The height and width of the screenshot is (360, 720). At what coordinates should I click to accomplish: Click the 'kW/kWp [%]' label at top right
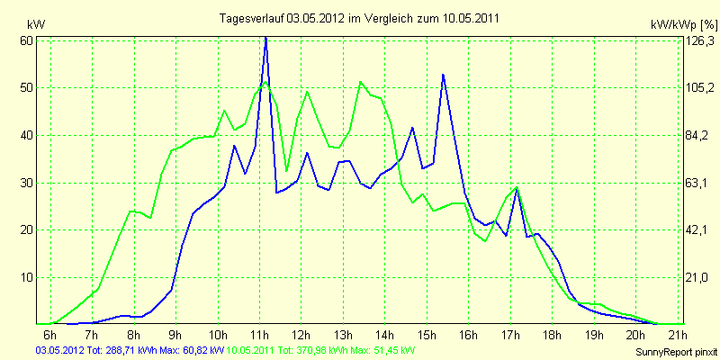point(682,23)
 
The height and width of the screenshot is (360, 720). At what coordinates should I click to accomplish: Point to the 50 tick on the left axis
point(27,88)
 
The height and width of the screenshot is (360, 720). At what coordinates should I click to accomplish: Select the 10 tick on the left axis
point(27,277)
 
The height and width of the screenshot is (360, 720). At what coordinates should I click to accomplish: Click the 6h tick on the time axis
point(50,336)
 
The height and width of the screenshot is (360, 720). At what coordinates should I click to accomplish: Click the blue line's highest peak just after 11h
point(265,38)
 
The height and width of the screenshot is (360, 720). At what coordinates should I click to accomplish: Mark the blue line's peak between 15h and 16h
point(443,75)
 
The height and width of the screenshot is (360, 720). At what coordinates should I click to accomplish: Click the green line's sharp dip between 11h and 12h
point(286,170)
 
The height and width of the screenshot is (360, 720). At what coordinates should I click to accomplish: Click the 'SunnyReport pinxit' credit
point(675,351)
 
